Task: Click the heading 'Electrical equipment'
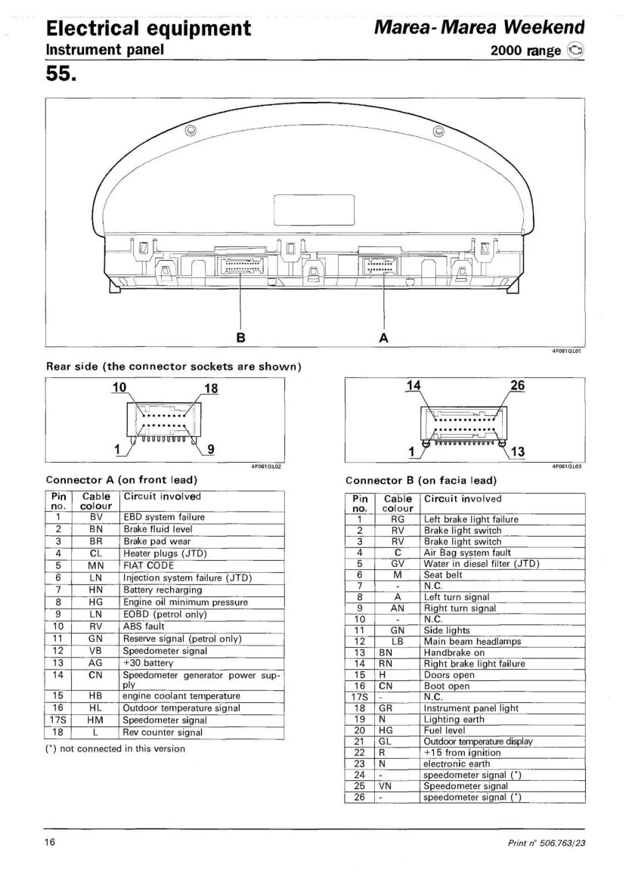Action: pos(148,29)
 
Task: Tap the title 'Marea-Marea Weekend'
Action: pos(479,28)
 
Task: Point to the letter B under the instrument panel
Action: pos(240,338)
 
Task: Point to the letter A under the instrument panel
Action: pos(383,338)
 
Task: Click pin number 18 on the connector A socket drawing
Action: pos(210,389)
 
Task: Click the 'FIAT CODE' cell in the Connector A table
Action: pos(148,565)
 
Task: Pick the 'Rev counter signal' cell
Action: pos(163,732)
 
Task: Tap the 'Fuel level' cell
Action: pos(446,731)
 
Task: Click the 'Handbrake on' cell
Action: pos(454,652)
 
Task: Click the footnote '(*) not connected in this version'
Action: pos(116,748)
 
